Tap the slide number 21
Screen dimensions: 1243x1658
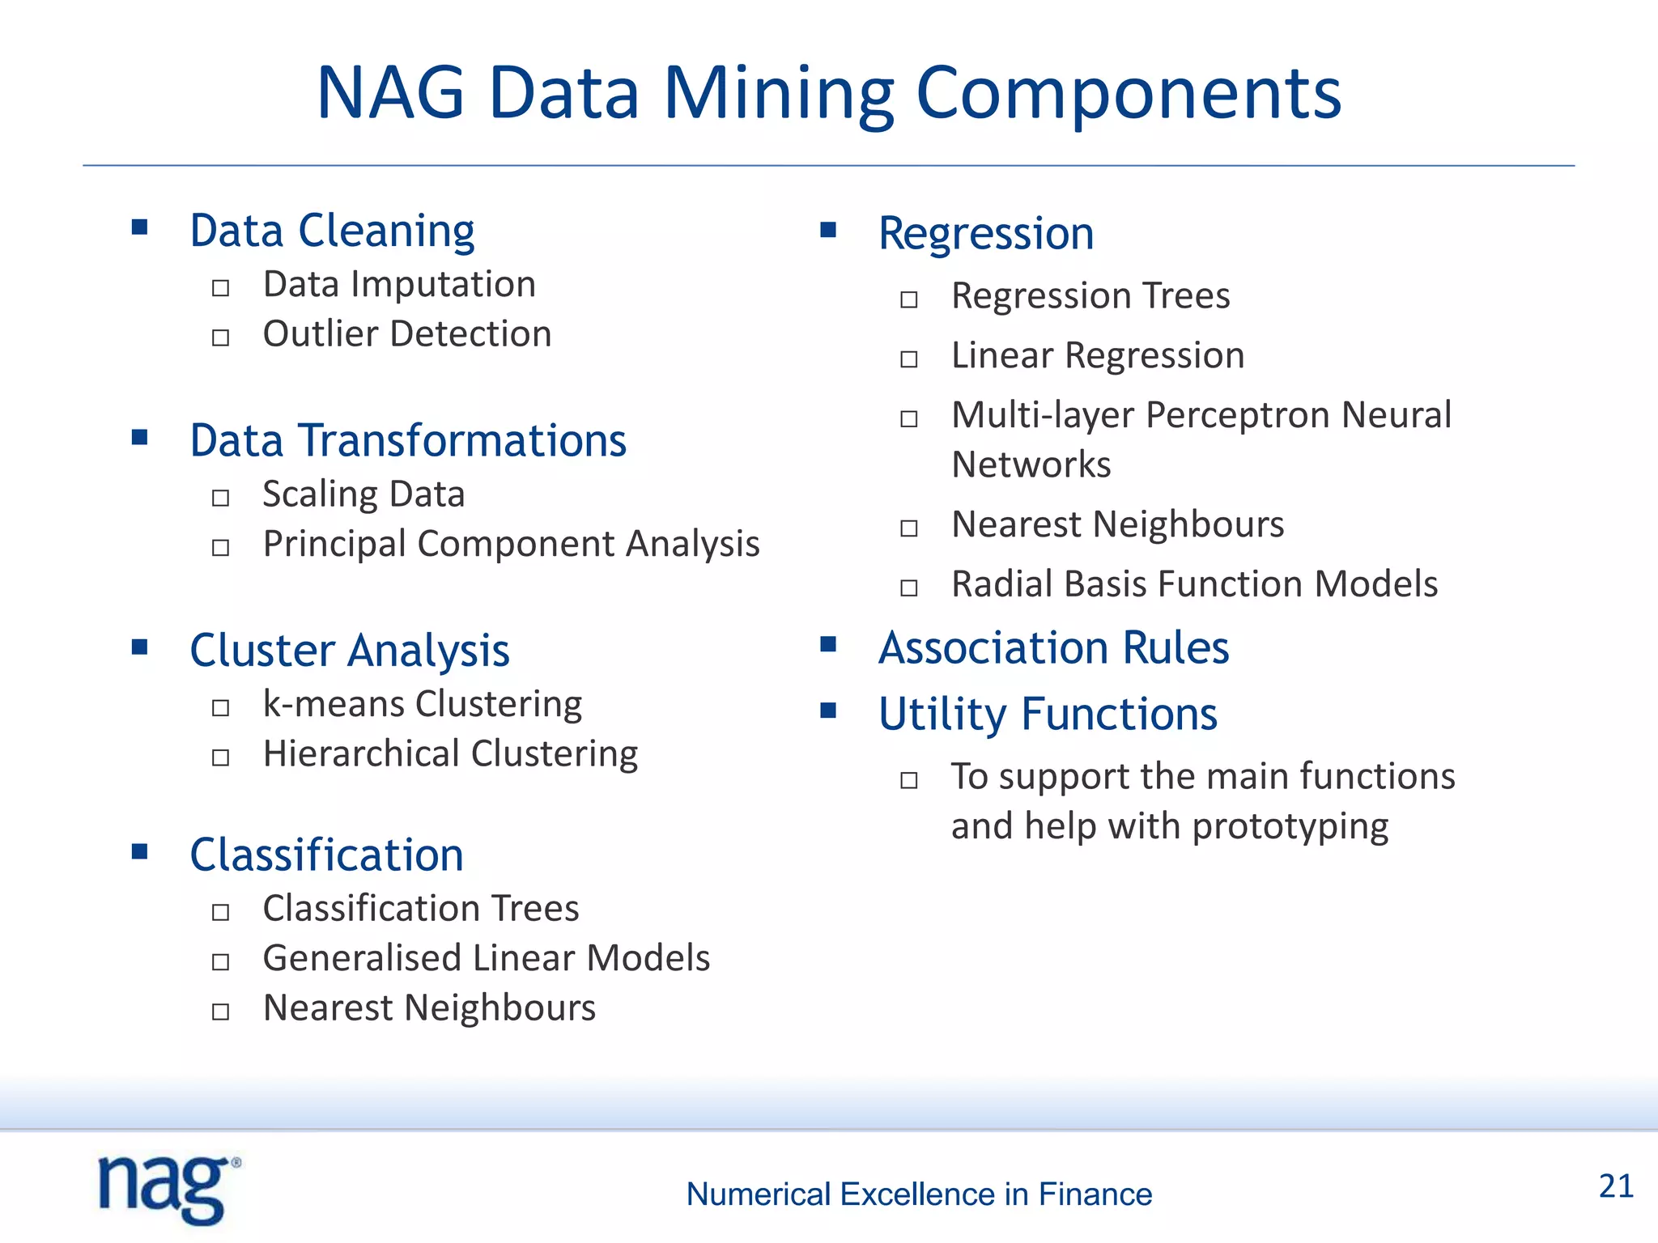point(1616,1186)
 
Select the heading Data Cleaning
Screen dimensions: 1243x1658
point(332,231)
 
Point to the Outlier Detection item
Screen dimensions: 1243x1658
point(407,334)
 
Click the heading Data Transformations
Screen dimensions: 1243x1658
point(408,441)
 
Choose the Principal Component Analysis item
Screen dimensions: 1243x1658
point(511,544)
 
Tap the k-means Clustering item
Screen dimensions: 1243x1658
point(422,704)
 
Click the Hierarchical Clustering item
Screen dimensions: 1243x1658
point(450,754)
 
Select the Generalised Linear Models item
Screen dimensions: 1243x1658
point(487,958)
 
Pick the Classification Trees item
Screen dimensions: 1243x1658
point(421,909)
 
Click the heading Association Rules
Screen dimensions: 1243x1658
point(1053,648)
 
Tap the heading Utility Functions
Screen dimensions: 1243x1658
point(1048,715)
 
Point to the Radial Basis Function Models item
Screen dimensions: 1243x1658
point(1194,584)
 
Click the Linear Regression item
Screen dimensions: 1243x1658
point(1098,356)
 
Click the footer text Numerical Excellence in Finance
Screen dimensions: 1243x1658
point(919,1194)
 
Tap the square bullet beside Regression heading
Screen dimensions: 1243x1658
point(827,230)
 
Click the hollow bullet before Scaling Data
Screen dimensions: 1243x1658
point(220,498)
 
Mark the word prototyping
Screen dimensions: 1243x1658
point(1290,827)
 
